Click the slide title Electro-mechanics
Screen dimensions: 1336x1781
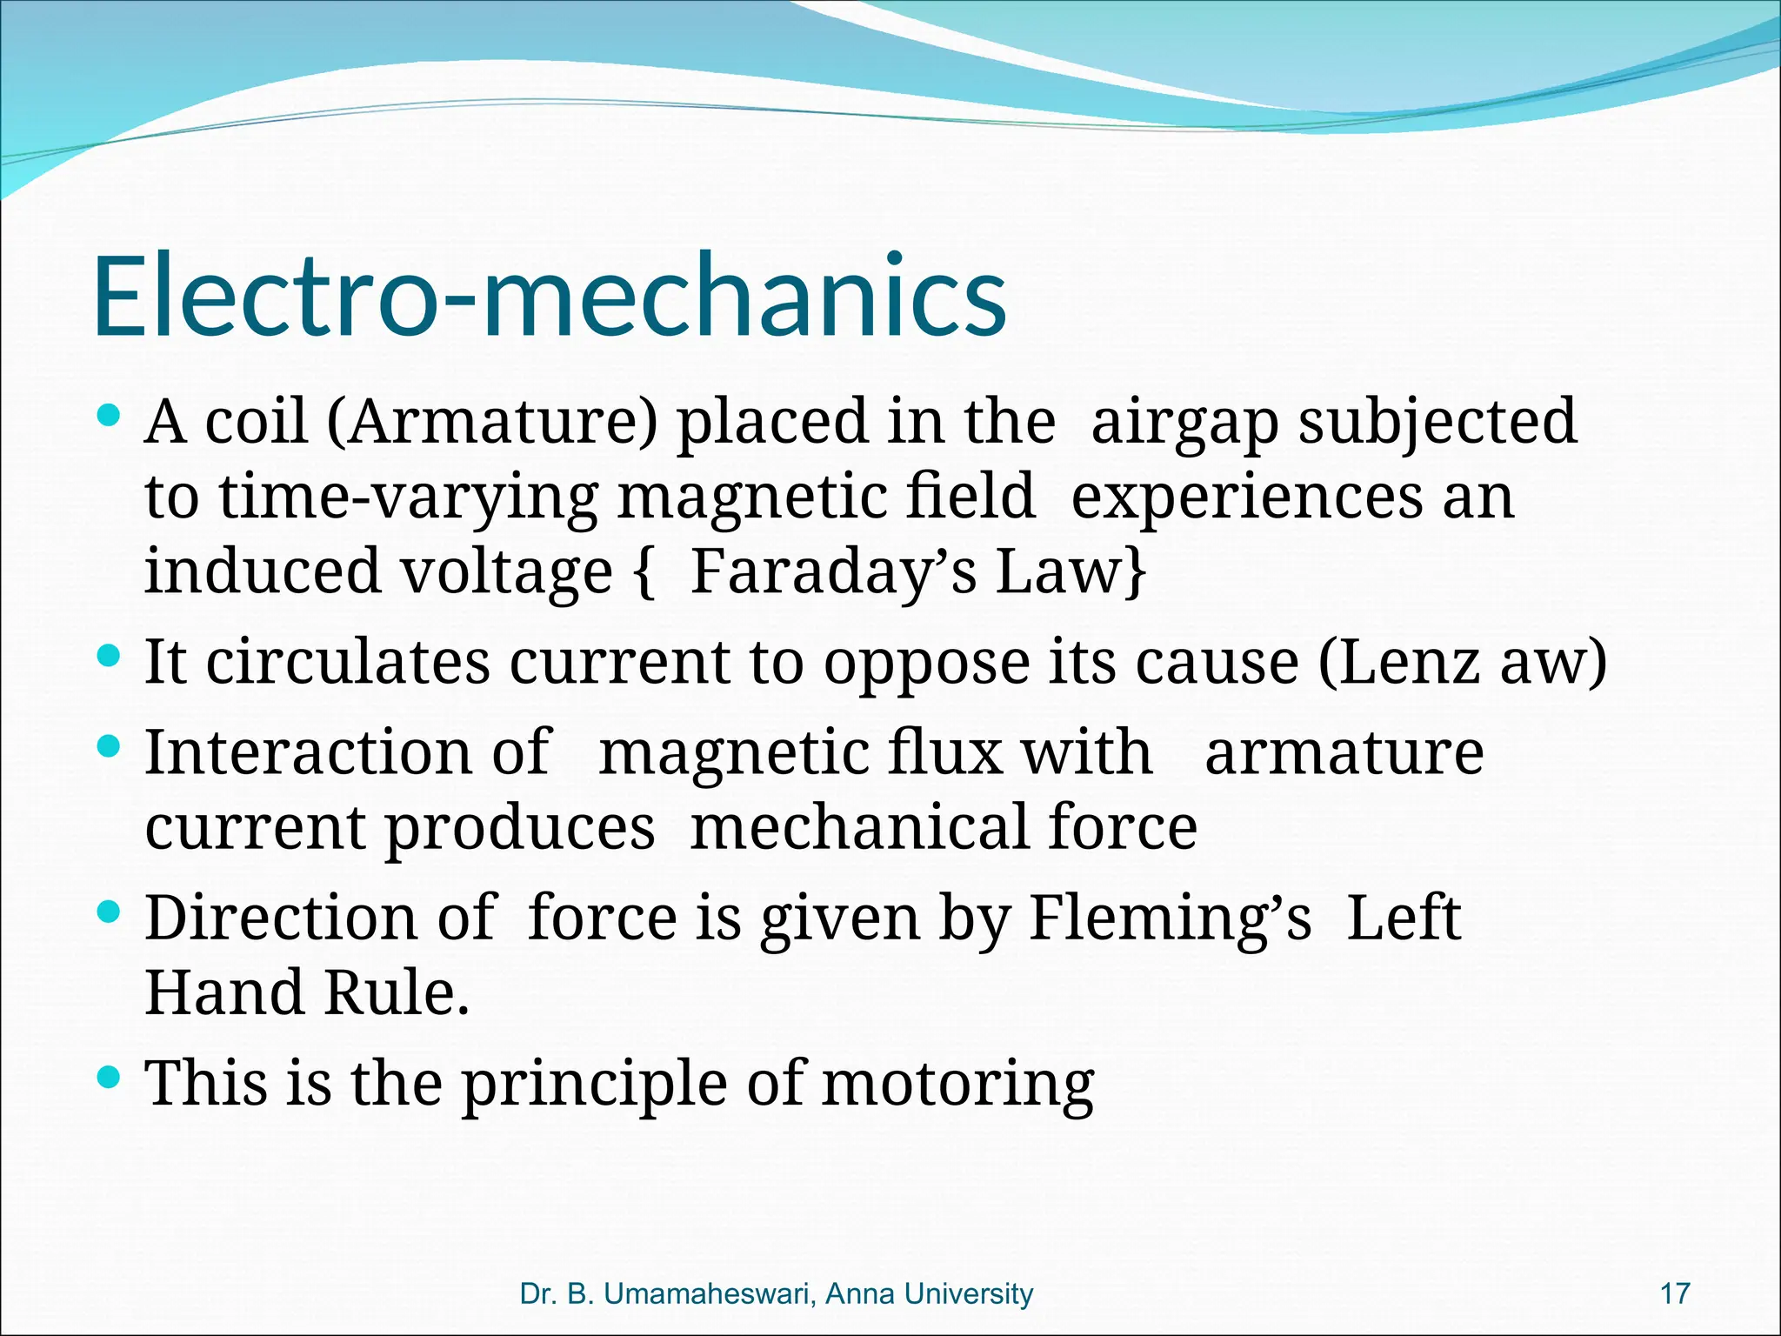(550, 296)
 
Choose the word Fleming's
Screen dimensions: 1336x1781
(1170, 918)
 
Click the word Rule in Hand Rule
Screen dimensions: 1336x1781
(397, 993)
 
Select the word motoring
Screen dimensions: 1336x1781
(957, 1085)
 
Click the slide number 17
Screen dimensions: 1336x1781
(1675, 1293)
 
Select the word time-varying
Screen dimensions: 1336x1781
(408, 498)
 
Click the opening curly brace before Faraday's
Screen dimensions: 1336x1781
(644, 571)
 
